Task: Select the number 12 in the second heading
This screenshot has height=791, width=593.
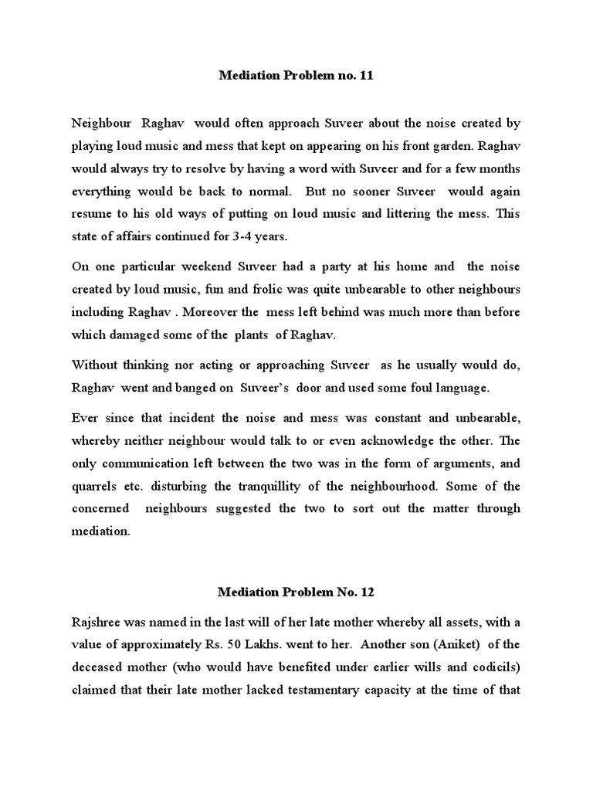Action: tap(367, 593)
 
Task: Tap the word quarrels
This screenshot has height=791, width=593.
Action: tap(95, 487)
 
